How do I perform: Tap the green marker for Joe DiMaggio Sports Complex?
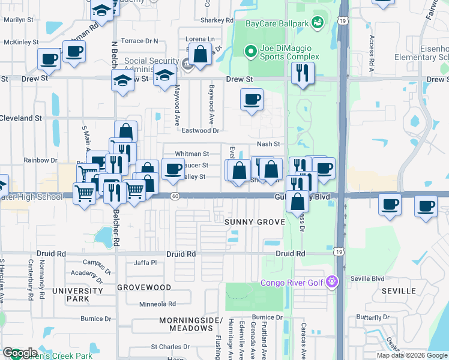tap(251, 52)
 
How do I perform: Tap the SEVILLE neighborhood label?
tap(399, 291)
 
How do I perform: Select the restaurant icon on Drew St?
tap(303, 73)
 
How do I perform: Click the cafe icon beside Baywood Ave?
tap(252, 99)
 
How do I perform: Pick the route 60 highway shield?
tap(174, 196)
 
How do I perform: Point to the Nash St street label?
tap(268, 144)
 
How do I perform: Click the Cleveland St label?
tap(20, 118)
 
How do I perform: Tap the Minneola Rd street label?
tap(155, 304)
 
